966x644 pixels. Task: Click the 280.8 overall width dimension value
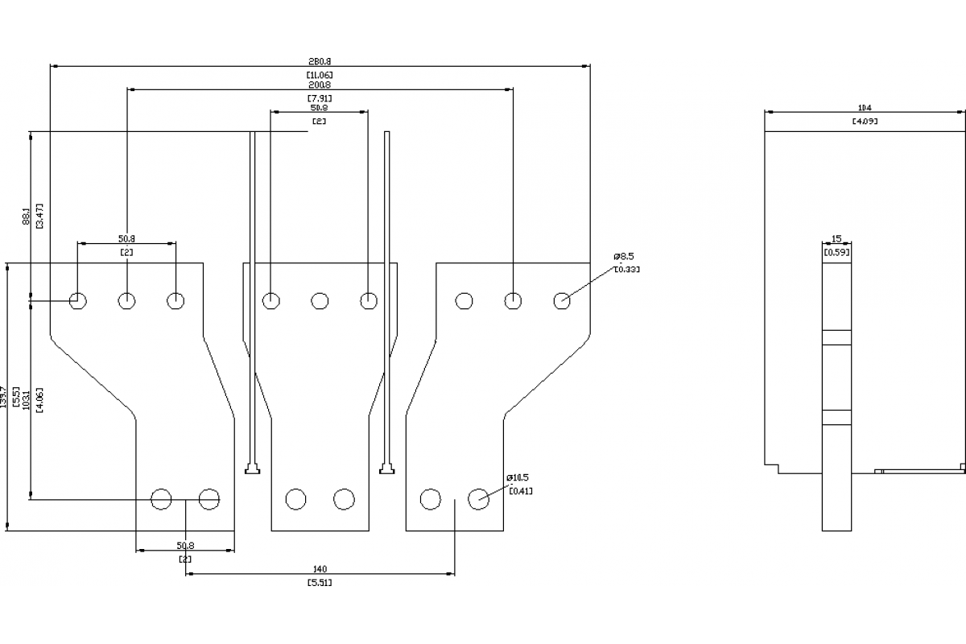pyautogui.click(x=320, y=60)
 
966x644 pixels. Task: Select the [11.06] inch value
pyautogui.click(x=320, y=74)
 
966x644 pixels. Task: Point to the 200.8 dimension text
pyautogui.click(x=320, y=85)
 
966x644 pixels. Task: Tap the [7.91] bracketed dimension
pyautogui.click(x=320, y=98)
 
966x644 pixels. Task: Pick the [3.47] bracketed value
pyautogui.click(x=39, y=217)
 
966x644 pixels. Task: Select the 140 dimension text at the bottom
pyautogui.click(x=320, y=569)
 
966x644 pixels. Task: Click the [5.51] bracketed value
pyautogui.click(x=320, y=582)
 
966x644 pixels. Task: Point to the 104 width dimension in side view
pyautogui.click(x=865, y=108)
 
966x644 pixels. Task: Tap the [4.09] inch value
pyautogui.click(x=865, y=122)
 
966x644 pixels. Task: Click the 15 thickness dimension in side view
pyautogui.click(x=836, y=239)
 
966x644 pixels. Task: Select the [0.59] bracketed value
pyautogui.click(x=836, y=252)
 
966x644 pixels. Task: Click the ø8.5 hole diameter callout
pyautogui.click(x=625, y=257)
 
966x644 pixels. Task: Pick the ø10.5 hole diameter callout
pyautogui.click(x=518, y=477)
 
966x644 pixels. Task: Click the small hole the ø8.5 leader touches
pyautogui.click(x=562, y=301)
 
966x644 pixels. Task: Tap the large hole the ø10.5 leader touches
pyautogui.click(x=479, y=499)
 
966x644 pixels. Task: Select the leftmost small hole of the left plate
pyautogui.click(x=78, y=301)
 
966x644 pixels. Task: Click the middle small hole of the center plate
pyautogui.click(x=320, y=301)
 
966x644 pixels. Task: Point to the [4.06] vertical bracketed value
pyautogui.click(x=39, y=400)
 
